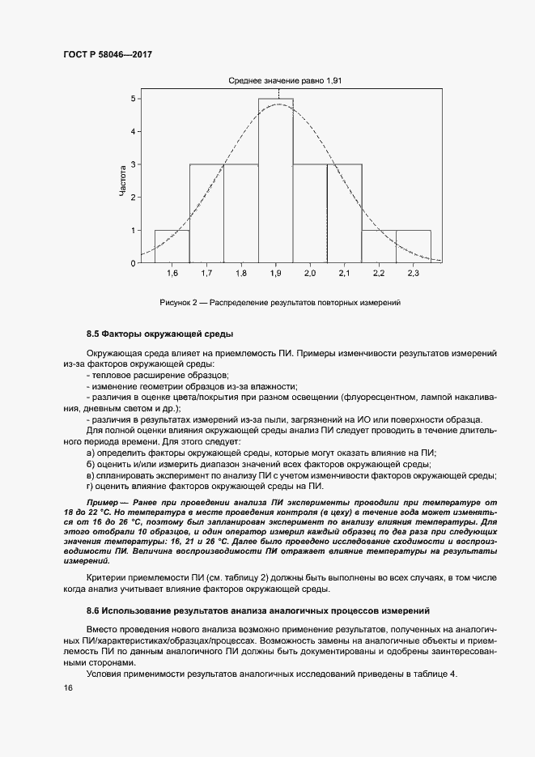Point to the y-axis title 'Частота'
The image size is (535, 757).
[122, 181]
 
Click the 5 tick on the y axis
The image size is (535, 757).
[134, 99]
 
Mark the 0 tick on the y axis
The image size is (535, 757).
[134, 263]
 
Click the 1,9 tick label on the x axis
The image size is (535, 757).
[275, 274]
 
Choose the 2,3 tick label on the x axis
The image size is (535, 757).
[413, 274]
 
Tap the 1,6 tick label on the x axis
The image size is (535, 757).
[172, 274]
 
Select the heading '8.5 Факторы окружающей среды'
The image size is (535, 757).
[149, 334]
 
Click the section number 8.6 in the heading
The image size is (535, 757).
[92, 609]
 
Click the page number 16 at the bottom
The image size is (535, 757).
[68, 687]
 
